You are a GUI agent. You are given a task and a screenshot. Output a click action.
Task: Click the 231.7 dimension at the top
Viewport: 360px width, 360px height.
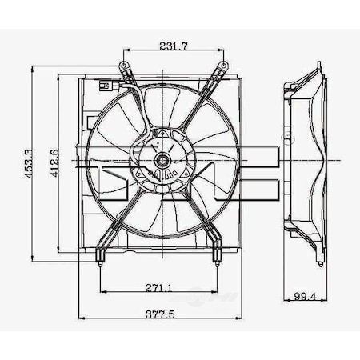(x=173, y=46)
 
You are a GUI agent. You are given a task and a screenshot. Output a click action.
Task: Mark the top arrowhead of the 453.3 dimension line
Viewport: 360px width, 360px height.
(x=31, y=66)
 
